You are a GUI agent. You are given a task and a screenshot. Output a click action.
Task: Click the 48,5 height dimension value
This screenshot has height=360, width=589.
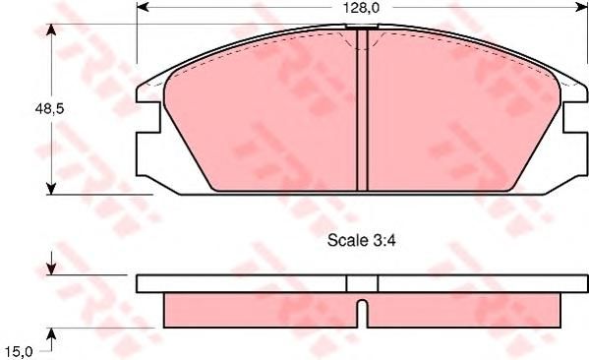[x=49, y=109]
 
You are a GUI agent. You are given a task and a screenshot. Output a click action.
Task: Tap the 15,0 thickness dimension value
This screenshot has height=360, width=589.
[x=19, y=352]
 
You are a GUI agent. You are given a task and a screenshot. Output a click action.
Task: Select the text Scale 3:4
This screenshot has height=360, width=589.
[x=361, y=240]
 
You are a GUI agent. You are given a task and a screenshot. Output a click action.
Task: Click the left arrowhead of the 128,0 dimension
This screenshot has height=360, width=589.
[x=143, y=6]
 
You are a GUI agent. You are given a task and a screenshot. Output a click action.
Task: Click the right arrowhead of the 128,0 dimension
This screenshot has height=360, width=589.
[x=581, y=6]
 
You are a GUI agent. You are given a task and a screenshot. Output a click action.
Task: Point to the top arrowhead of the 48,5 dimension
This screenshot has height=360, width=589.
[x=51, y=30]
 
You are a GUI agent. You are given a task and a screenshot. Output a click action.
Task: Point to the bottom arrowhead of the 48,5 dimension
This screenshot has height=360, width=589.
[x=51, y=189]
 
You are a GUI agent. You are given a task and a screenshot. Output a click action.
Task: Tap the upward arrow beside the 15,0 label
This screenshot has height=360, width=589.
[x=51, y=339]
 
